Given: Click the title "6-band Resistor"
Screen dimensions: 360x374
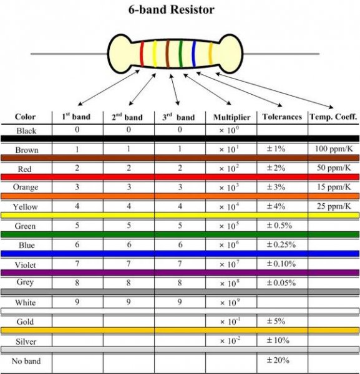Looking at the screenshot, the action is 171,10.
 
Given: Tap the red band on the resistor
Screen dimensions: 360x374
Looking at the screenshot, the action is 142,54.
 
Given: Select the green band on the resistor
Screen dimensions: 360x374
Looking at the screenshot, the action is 181,54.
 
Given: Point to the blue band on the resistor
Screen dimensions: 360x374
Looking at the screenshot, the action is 194,54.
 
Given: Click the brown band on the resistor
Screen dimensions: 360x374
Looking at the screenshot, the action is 168,54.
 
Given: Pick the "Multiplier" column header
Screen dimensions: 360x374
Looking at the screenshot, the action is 231,117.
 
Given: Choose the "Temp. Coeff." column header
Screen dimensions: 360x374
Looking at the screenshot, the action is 333,117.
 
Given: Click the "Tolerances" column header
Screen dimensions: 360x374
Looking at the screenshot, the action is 282,117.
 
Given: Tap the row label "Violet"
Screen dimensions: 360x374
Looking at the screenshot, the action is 26,265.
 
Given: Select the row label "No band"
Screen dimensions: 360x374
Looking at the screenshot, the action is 26,361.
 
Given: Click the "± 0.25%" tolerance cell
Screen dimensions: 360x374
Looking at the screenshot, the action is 281,245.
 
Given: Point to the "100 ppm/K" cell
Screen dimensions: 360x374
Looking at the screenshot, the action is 334,149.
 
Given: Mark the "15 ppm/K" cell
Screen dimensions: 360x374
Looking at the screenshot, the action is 334,187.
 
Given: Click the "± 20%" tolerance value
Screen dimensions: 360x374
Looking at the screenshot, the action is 278,360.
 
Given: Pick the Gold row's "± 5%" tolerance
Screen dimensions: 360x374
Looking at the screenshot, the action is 276,321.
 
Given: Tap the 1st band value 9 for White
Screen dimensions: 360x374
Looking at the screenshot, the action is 77,302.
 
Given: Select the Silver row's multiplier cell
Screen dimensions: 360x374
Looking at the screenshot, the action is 230,340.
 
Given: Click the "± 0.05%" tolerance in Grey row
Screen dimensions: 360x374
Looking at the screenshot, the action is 281,283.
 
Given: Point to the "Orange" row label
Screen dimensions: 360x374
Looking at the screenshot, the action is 26,187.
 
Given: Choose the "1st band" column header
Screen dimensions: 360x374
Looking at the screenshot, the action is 76,117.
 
